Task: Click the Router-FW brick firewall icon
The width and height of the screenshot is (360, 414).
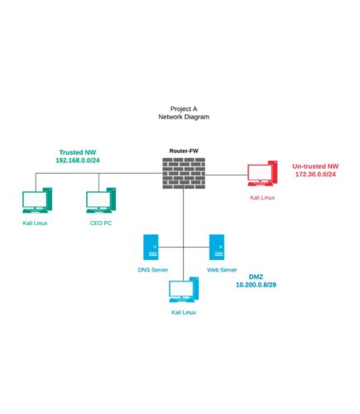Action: [x=184, y=173]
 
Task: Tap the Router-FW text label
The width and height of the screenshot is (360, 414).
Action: [x=184, y=151]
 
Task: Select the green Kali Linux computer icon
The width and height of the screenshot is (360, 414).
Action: [x=37, y=200]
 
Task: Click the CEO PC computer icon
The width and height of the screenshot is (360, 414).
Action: [x=101, y=200]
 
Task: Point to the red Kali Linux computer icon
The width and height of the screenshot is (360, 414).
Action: [x=262, y=174]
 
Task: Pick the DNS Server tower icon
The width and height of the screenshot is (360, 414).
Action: [x=151, y=248]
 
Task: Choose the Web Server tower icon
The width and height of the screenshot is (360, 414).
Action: [x=217, y=248]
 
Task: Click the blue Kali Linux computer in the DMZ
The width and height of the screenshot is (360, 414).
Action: [x=184, y=290]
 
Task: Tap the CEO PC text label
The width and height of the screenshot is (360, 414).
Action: [x=101, y=223]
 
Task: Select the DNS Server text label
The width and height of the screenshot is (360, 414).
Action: [x=153, y=270]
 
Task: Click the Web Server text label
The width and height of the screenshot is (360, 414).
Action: [x=222, y=270]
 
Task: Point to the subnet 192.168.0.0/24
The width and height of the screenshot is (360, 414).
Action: [x=78, y=161]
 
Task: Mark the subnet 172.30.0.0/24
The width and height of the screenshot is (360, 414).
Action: [x=315, y=174]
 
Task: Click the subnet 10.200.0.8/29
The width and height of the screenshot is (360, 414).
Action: [x=256, y=285]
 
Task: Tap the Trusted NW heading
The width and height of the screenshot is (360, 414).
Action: [x=78, y=152]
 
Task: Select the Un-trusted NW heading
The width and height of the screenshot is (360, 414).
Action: [x=315, y=166]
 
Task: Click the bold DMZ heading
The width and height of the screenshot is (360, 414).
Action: [x=256, y=277]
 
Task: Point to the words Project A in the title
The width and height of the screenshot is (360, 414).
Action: [x=184, y=108]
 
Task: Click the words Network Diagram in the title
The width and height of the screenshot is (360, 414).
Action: [x=184, y=117]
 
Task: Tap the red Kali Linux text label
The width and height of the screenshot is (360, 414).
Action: [x=262, y=198]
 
